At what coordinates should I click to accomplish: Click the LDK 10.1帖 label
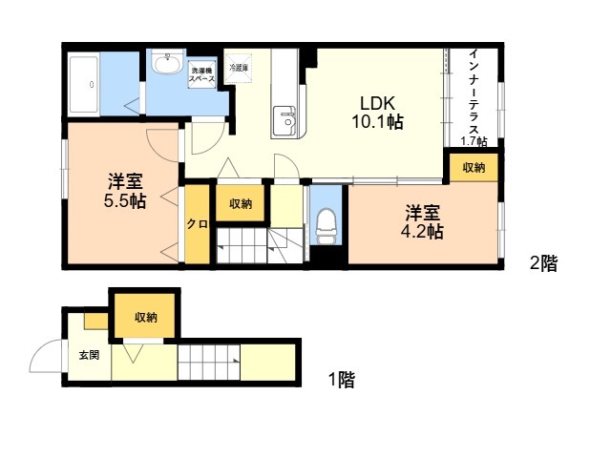tap(377, 113)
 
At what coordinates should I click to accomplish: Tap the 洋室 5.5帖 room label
tap(125, 191)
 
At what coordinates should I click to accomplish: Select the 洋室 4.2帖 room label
tap(422, 222)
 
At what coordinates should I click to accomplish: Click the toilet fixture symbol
tap(326, 227)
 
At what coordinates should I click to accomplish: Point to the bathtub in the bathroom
tap(83, 84)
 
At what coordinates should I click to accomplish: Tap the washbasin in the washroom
tap(168, 62)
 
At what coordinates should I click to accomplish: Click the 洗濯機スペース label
tap(201, 74)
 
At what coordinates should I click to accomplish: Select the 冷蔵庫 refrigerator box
tap(239, 68)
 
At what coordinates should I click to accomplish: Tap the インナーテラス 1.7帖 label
tap(474, 97)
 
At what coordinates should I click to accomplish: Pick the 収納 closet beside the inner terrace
tap(474, 168)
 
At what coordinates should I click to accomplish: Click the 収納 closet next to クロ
tap(241, 203)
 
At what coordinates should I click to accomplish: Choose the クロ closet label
tap(198, 224)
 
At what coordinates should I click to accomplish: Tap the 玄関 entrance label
tap(89, 355)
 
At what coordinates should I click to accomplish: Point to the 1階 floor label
tap(342, 380)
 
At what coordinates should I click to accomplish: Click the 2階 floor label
tap(543, 263)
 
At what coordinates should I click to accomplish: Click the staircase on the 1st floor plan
tap(209, 363)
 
